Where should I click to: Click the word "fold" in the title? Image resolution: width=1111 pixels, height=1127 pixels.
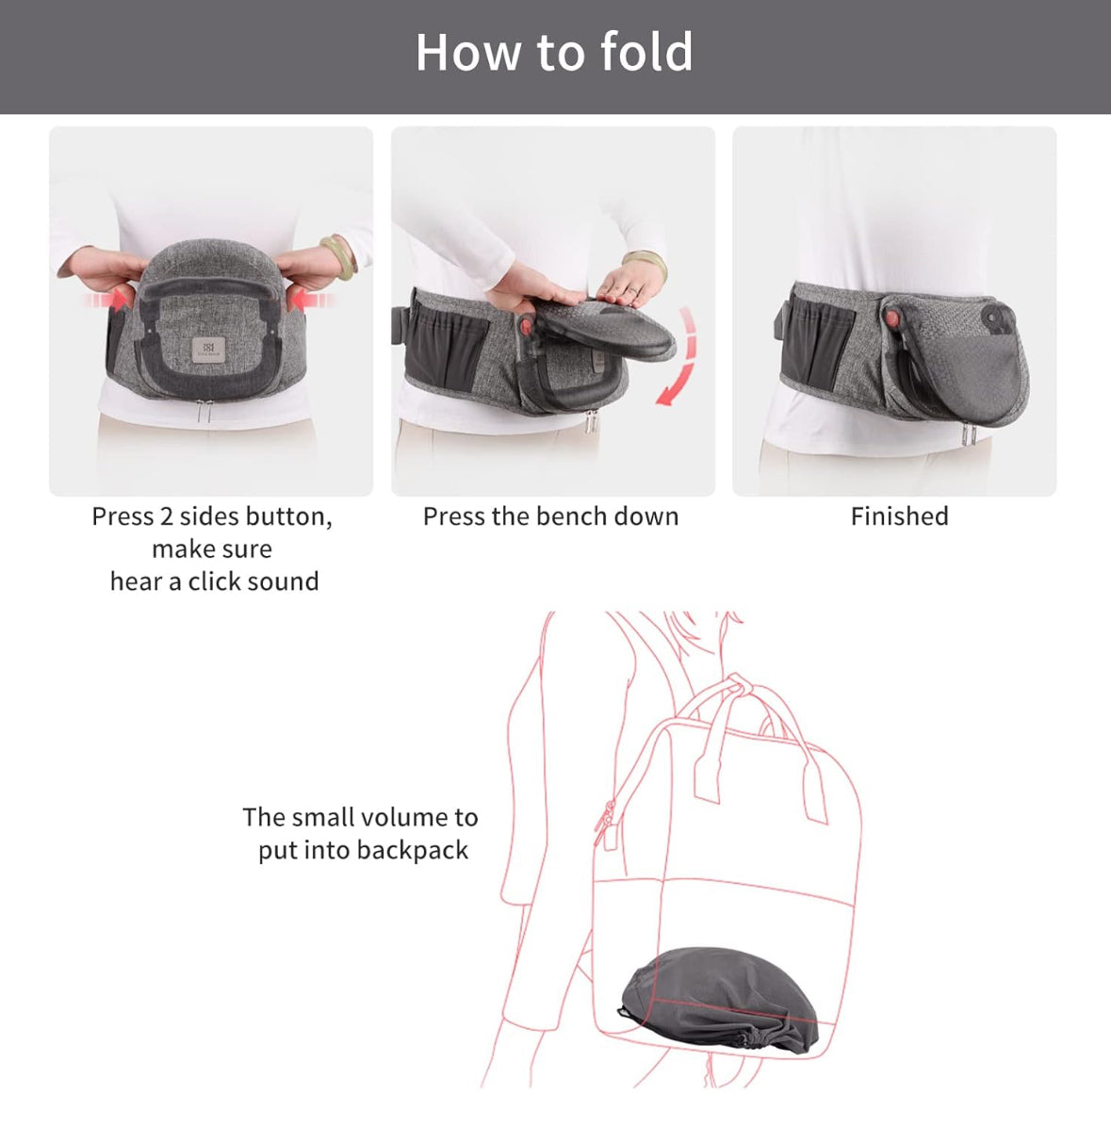(x=646, y=52)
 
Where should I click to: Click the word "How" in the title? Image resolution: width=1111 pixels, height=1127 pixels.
(x=469, y=52)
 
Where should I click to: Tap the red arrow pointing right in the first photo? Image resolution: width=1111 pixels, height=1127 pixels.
(x=107, y=300)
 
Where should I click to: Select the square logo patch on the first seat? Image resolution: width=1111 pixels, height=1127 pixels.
(x=208, y=350)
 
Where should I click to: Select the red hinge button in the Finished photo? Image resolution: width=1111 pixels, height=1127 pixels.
(x=891, y=318)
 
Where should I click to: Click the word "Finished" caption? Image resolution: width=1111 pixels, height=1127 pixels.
(x=899, y=516)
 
